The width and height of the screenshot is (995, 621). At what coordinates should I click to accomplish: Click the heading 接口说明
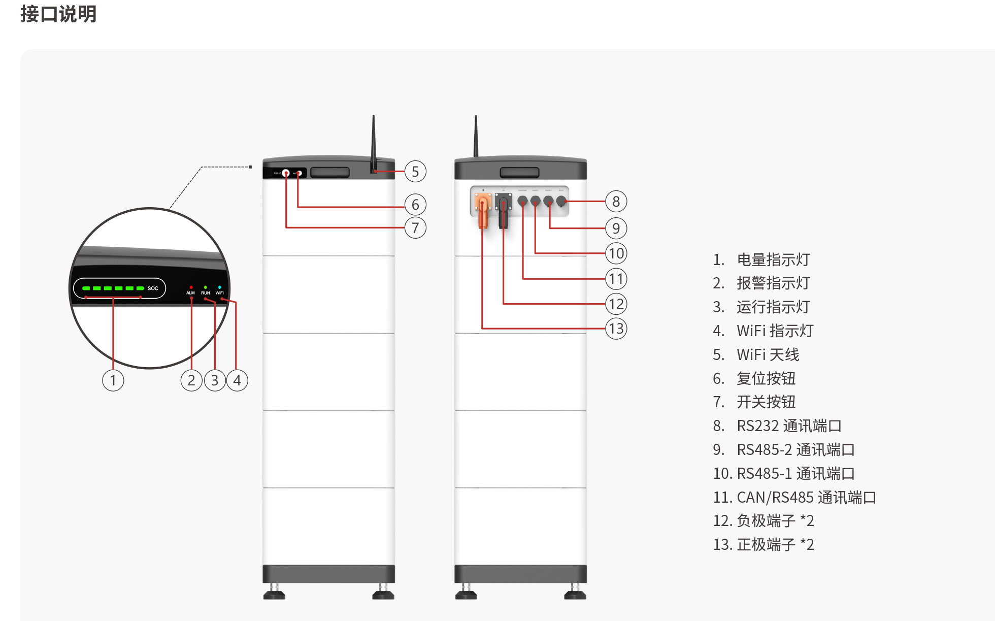[58, 14]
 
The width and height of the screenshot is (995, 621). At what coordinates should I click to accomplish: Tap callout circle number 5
[415, 172]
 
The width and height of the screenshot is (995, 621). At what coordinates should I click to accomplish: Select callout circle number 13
[616, 329]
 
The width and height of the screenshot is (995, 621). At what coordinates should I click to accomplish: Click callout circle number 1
[113, 380]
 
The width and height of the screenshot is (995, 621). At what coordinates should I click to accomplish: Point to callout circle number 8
[616, 202]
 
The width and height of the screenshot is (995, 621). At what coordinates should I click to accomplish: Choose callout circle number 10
[616, 253]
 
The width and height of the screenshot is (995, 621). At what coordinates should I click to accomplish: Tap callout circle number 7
[415, 227]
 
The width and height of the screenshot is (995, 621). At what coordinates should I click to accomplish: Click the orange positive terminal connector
[482, 211]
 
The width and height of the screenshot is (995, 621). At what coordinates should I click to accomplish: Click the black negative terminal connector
[503, 211]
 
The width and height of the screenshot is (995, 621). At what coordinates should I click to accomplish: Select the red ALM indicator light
[191, 287]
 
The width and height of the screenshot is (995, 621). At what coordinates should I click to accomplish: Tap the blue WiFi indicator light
[219, 287]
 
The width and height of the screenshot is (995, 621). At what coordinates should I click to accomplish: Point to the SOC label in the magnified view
[153, 288]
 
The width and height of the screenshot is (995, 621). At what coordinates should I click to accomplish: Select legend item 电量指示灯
[773, 259]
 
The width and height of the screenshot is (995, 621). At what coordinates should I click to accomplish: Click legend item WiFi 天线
[768, 354]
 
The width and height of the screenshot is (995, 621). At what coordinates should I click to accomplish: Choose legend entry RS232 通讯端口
[789, 426]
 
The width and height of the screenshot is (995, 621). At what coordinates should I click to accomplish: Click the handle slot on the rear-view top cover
[519, 173]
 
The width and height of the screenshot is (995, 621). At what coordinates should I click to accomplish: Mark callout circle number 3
[215, 380]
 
